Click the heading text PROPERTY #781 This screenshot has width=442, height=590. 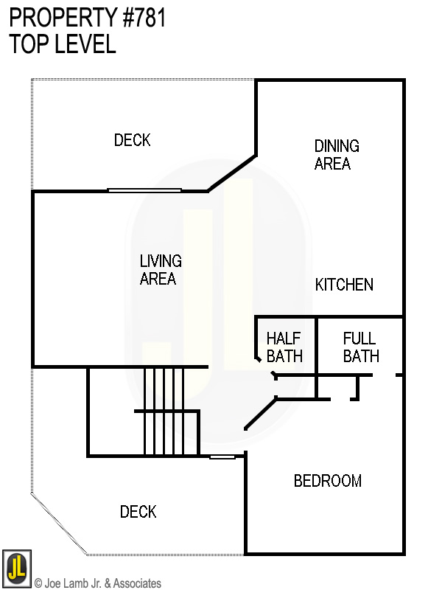pyautogui.click(x=88, y=18)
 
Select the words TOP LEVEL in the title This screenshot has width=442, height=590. pyautogui.click(x=63, y=44)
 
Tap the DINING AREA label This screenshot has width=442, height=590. pyautogui.click(x=336, y=155)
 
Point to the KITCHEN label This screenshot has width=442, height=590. pyautogui.click(x=344, y=285)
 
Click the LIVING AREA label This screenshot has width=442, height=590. pyautogui.click(x=160, y=270)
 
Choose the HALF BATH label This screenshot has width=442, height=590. pyautogui.click(x=284, y=347)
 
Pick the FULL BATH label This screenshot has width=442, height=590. pyautogui.click(x=360, y=347)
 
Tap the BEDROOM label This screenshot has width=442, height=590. pyautogui.click(x=327, y=482)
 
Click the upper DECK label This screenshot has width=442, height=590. pyautogui.click(x=132, y=140)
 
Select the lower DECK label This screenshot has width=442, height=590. pyautogui.click(x=138, y=512)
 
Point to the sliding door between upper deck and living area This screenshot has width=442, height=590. pyautogui.click(x=144, y=190)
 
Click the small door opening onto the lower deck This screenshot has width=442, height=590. pyautogui.click(x=222, y=457)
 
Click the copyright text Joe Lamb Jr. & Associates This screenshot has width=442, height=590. pyautogui.click(x=97, y=583)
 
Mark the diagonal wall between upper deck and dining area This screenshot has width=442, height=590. pyautogui.click(x=231, y=173)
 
